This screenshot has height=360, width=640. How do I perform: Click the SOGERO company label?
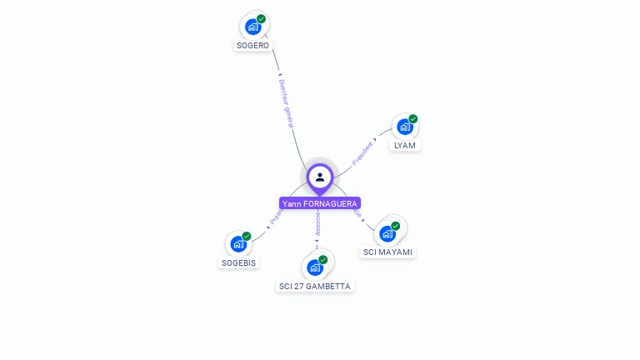click(253, 46)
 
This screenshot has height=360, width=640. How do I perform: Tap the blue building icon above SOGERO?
click(253, 27)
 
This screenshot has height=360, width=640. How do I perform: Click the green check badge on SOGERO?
click(262, 19)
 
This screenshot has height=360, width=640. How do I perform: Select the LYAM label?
click(405, 145)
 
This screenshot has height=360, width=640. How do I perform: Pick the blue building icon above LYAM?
click(404, 127)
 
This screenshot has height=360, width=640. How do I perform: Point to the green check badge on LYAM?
click(413, 119)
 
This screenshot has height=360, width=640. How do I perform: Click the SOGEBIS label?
click(239, 262)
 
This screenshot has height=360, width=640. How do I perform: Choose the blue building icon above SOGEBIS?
click(238, 245)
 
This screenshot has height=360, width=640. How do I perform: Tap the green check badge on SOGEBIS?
click(247, 237)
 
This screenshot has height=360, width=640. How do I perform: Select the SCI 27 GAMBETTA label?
click(315, 286)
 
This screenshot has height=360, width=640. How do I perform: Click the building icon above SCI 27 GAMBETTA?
click(314, 267)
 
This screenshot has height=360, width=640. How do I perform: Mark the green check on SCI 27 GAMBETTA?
click(323, 260)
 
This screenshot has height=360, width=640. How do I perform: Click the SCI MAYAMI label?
click(387, 252)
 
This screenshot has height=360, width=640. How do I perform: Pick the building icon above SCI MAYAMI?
click(387, 233)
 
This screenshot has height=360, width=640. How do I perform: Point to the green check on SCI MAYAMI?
click(396, 226)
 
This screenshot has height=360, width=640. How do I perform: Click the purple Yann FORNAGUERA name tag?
click(320, 203)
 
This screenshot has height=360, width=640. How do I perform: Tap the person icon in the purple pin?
click(320, 177)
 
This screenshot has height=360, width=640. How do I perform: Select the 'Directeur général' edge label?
click(286, 104)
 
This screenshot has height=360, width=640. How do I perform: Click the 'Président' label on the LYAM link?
click(362, 154)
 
